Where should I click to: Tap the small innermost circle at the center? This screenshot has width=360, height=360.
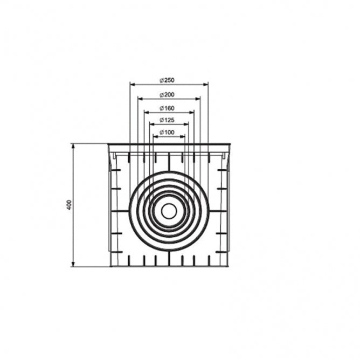click(169, 211)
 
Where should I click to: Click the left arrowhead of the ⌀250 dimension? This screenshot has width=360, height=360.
click(131, 84)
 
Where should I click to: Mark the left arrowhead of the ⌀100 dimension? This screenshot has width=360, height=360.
click(155, 136)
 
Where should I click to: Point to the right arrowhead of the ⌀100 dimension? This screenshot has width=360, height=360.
click(183, 136)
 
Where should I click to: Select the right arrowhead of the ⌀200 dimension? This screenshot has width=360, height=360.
click(199, 98)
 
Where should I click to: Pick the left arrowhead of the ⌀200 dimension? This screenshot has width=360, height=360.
click(139, 98)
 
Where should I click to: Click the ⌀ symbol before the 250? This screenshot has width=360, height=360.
click(162, 80)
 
